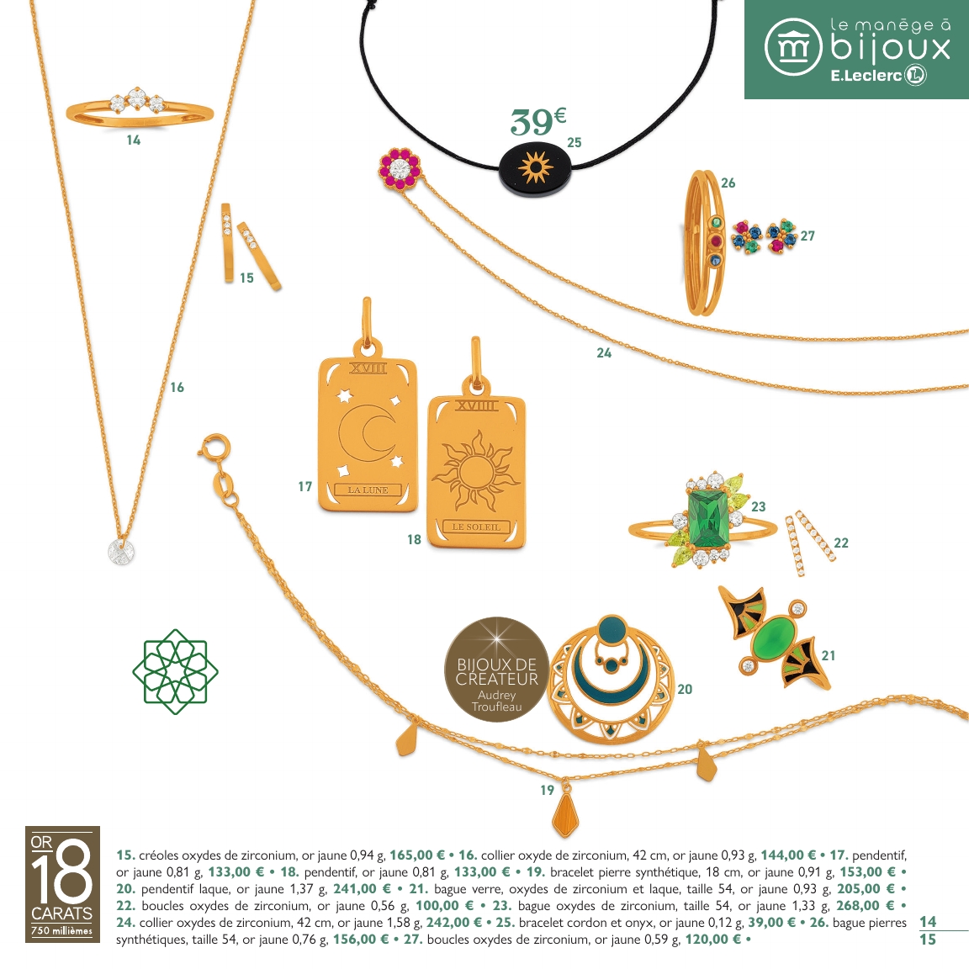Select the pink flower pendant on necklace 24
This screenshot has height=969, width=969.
(x=399, y=168)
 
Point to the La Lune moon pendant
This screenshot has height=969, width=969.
(x=368, y=433)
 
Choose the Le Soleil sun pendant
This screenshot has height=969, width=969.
(x=476, y=471)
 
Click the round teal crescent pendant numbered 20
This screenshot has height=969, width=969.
(x=612, y=680)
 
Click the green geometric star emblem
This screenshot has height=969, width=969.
(x=175, y=671)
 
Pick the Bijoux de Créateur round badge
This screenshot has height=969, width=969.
(x=496, y=670)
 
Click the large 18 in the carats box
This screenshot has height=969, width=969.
(x=62, y=873)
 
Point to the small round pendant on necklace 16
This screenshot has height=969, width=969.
(x=120, y=553)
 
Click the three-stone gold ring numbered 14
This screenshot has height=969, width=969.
(x=139, y=109)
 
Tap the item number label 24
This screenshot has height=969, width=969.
(x=604, y=353)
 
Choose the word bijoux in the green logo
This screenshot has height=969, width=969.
(x=890, y=49)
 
